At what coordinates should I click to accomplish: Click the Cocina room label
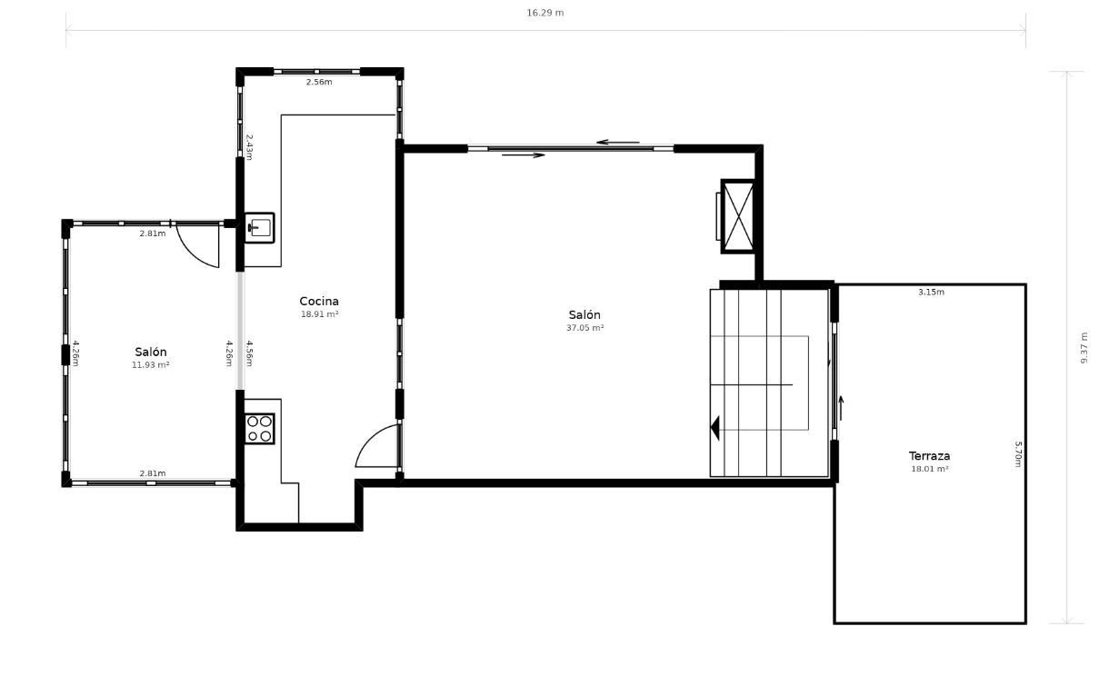(x=319, y=302)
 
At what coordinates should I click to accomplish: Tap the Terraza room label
(x=929, y=456)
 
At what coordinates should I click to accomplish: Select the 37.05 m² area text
(x=584, y=328)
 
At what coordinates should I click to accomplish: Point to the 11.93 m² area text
(x=151, y=364)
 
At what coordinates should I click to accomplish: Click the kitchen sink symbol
(x=259, y=228)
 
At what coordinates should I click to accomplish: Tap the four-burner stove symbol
(x=259, y=429)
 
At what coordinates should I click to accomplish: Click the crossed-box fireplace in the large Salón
(x=738, y=217)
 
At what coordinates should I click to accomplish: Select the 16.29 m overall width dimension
(x=545, y=13)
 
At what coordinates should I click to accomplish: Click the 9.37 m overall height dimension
(x=1084, y=348)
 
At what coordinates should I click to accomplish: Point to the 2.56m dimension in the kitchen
(x=319, y=82)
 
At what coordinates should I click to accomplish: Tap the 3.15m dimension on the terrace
(x=931, y=292)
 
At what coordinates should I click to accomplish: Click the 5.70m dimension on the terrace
(x=1018, y=454)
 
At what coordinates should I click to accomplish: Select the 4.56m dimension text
(x=249, y=353)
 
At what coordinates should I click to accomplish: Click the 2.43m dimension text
(x=249, y=147)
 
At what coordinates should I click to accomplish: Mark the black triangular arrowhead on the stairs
(x=714, y=428)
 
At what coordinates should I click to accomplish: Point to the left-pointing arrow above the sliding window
(x=618, y=143)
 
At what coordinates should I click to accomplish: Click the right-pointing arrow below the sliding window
(x=524, y=155)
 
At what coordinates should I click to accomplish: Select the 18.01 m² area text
(x=929, y=469)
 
